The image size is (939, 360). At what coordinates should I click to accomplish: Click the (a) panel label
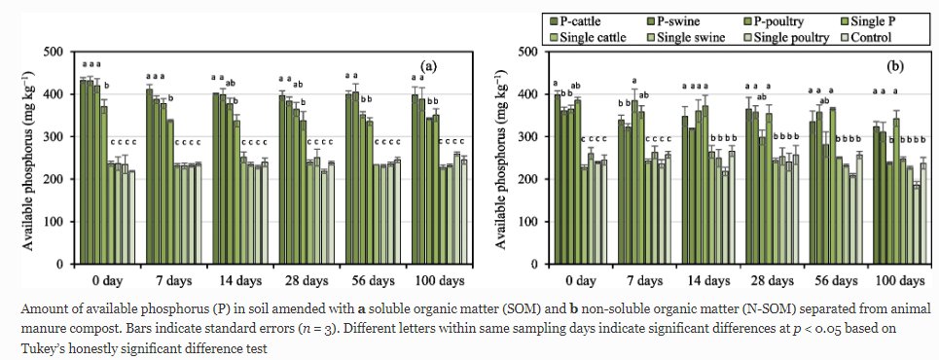click(429, 66)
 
